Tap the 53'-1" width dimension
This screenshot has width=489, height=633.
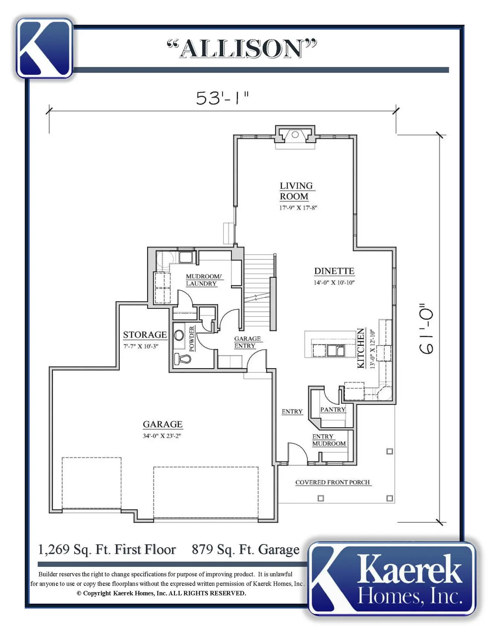click(222, 98)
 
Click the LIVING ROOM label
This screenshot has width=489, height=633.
click(296, 191)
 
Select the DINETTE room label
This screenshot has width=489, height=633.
click(334, 271)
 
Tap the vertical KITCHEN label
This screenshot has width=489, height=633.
click(361, 348)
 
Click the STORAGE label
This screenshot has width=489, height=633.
click(145, 335)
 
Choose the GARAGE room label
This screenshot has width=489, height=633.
click(162, 424)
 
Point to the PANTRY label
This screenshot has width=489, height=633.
click(333, 409)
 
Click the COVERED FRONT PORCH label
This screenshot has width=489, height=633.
click(332, 482)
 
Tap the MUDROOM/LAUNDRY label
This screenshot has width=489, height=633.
click(203, 280)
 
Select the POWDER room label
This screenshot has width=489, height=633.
click(192, 339)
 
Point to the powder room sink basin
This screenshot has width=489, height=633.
click(179, 336)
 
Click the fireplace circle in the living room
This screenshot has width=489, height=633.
click(295, 135)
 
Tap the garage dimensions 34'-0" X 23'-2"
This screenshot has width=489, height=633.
click(162, 436)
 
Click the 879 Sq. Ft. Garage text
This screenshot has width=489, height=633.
click(245, 550)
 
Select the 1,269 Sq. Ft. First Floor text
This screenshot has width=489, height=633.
click(107, 550)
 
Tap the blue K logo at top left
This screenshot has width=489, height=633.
click(44, 48)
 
